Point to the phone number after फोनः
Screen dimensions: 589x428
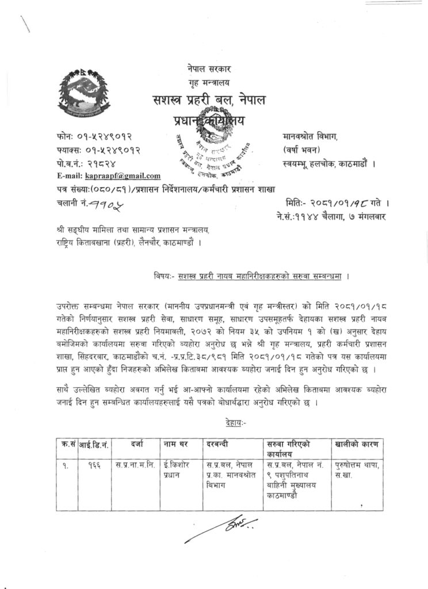click(104, 139)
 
